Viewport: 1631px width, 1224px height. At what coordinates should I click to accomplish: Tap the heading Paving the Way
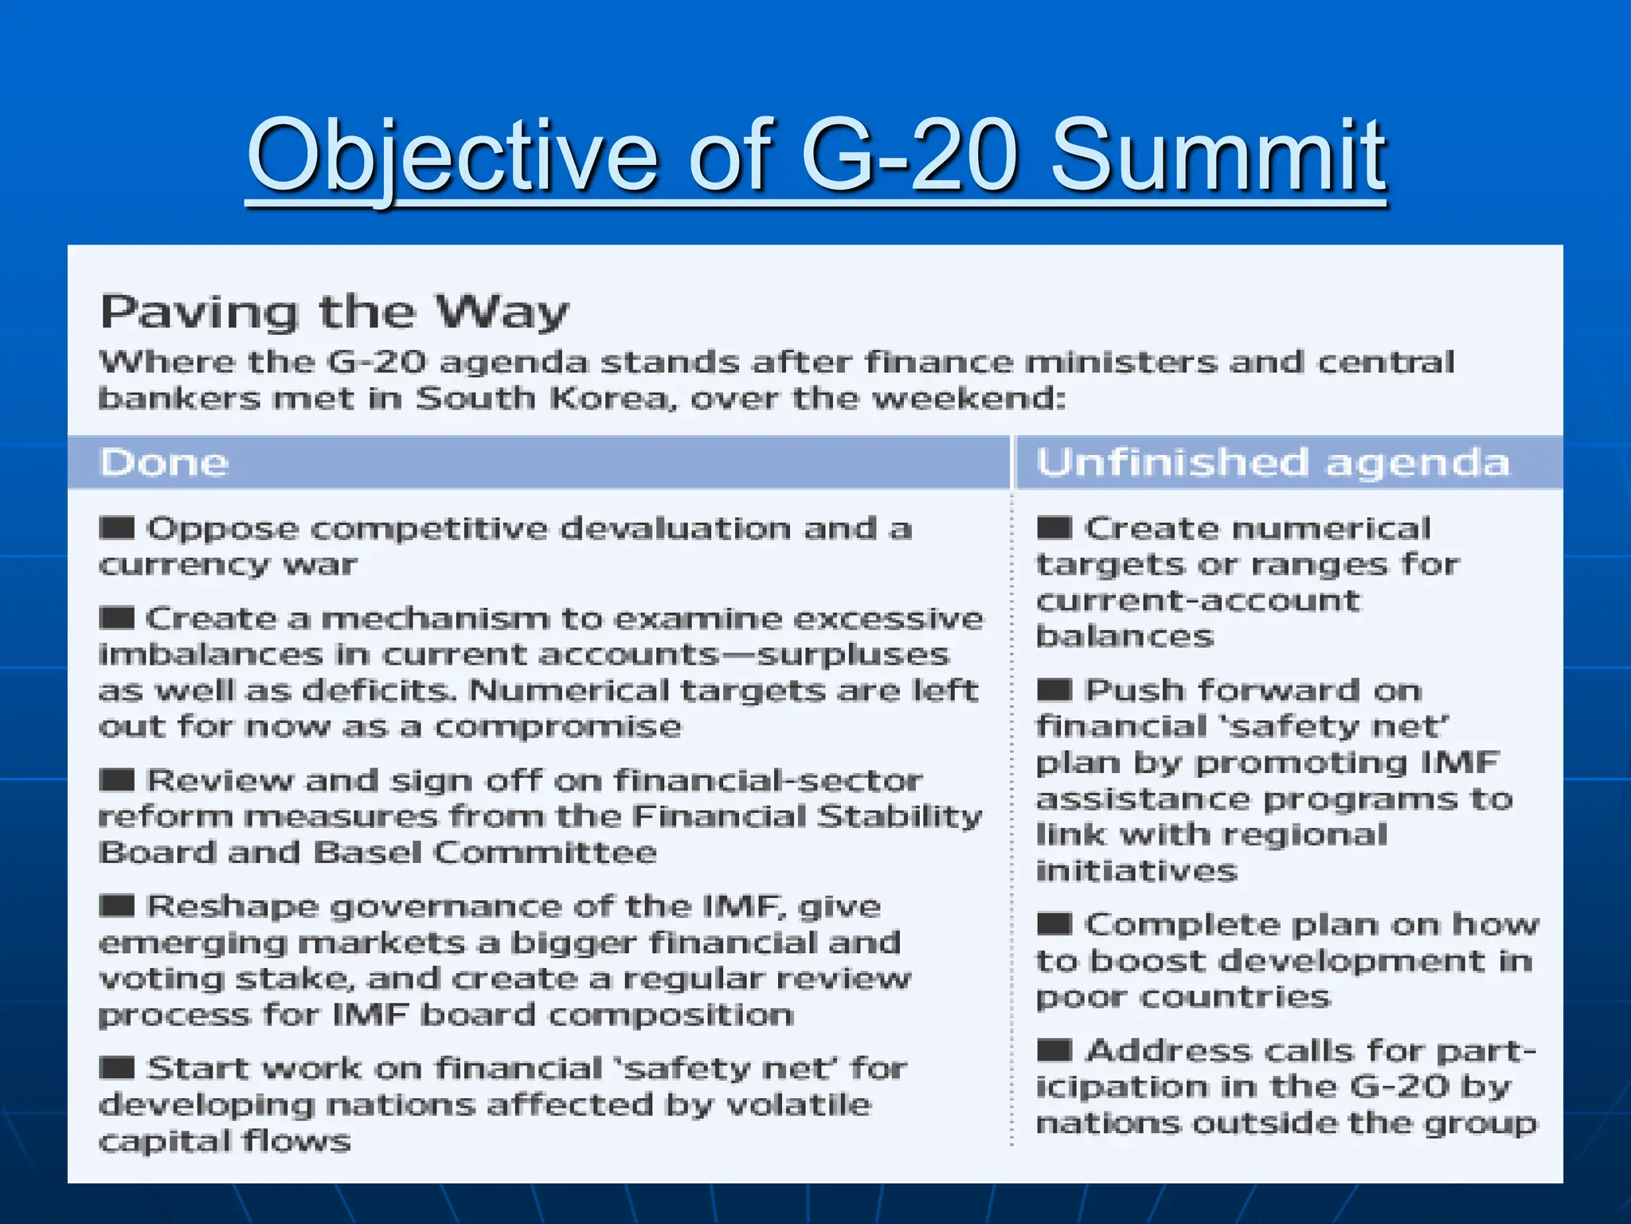tap(334, 312)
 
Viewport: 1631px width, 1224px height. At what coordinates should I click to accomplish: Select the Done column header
tap(165, 462)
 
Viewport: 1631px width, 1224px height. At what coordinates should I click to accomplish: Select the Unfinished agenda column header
tap(1273, 462)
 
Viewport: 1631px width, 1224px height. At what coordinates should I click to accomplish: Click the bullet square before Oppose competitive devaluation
tap(117, 528)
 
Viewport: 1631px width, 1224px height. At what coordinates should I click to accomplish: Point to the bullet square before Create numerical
tap(1054, 528)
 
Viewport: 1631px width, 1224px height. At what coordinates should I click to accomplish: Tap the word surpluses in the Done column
tap(852, 654)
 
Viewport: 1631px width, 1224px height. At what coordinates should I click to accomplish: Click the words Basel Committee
tap(484, 853)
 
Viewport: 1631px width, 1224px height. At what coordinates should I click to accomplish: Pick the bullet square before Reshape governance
tap(117, 906)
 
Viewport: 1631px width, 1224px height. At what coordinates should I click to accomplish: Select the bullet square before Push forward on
tap(1054, 689)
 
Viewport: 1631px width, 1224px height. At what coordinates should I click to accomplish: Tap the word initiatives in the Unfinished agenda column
tap(1136, 870)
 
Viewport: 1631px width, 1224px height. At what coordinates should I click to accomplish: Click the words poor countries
tap(1183, 997)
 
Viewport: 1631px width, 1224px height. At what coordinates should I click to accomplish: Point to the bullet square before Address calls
tap(1054, 1050)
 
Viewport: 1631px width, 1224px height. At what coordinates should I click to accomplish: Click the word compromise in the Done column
tap(557, 727)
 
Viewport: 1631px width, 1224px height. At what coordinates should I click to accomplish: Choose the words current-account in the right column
tap(1198, 600)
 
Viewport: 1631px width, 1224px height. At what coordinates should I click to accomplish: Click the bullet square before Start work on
tap(117, 1068)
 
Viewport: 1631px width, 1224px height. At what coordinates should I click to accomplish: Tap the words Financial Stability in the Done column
tap(807, 816)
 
